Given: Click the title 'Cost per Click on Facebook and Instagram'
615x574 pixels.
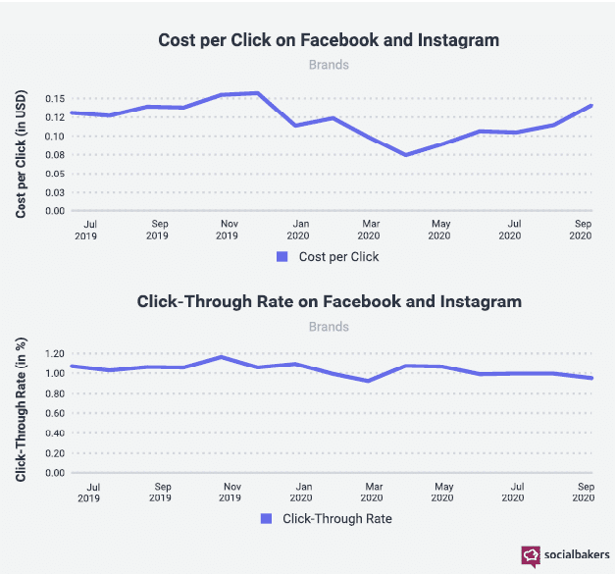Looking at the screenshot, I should (329, 40).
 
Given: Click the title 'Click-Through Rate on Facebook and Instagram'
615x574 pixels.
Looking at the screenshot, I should (329, 301).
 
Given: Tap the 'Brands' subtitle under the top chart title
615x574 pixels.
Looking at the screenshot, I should (329, 65).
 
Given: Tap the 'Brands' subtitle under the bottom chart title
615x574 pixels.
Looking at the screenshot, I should (329, 326).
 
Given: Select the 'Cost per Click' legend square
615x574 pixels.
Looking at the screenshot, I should (282, 256).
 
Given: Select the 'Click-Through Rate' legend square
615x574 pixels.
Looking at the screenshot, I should (267, 517).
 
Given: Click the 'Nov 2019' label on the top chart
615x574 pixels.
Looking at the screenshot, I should (228, 230).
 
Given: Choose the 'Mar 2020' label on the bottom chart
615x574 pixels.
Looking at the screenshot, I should (373, 492).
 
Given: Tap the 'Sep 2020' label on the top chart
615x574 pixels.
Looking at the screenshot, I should (581, 230).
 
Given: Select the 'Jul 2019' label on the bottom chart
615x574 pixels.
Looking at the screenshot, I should (91, 492).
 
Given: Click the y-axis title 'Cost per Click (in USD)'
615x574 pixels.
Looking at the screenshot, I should (21, 154).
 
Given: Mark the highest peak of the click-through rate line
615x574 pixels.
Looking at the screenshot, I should (224, 357).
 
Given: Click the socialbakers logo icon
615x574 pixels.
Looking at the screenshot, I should (531, 556).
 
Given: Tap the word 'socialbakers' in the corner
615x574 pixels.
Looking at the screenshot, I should (577, 556).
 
